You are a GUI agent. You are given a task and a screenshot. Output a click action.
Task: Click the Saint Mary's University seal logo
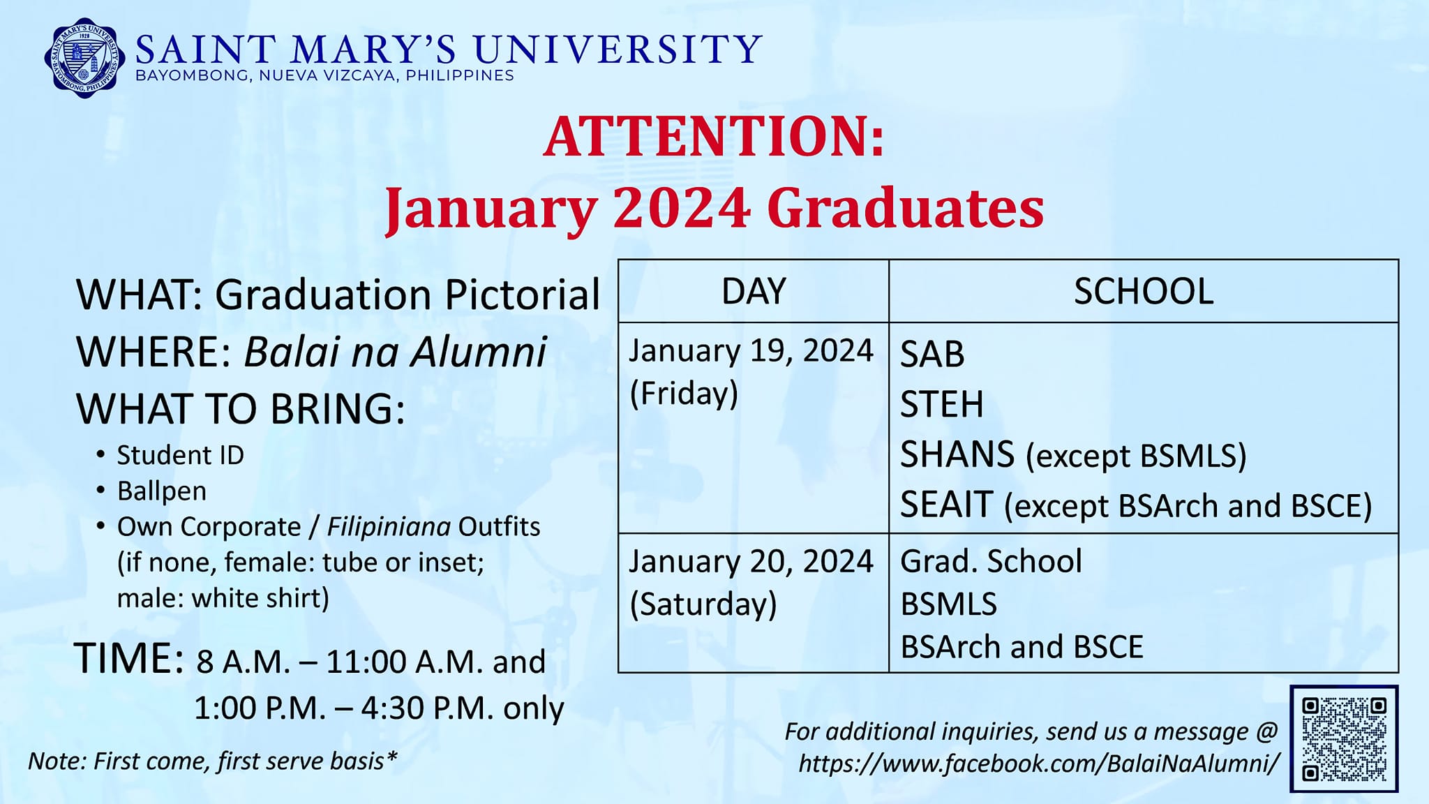pyautogui.click(x=84, y=57)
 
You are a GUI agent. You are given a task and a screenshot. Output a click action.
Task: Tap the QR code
pyautogui.click(x=1344, y=738)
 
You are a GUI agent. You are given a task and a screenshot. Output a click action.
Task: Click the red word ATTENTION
pyautogui.click(x=714, y=136)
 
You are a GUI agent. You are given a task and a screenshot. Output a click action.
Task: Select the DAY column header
pyautogui.click(x=754, y=291)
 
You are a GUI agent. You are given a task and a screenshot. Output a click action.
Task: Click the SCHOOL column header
pyautogui.click(x=1144, y=291)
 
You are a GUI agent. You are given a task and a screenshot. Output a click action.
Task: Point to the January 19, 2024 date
pyautogui.click(x=751, y=350)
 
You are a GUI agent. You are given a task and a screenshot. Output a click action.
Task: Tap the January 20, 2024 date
pyautogui.click(x=751, y=561)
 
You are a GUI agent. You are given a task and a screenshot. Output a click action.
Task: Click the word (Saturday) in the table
pyautogui.click(x=703, y=604)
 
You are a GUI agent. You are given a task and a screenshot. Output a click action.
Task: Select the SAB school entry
pyautogui.click(x=932, y=354)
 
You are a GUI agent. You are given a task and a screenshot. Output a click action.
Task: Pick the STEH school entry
pyautogui.click(x=942, y=404)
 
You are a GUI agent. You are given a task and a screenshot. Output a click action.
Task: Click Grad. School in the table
pyautogui.click(x=991, y=561)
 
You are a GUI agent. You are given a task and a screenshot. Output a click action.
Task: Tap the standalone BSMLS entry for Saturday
pyautogui.click(x=949, y=604)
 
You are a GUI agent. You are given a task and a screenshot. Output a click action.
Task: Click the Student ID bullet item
pyautogui.click(x=180, y=455)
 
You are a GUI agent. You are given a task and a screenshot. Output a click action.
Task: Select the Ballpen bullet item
pyautogui.click(x=162, y=491)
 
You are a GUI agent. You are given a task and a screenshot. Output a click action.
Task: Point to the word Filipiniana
pyautogui.click(x=389, y=526)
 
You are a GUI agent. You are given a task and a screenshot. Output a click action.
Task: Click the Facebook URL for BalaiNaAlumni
pyautogui.click(x=1040, y=763)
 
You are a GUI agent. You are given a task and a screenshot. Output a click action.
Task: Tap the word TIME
pyautogui.click(x=129, y=658)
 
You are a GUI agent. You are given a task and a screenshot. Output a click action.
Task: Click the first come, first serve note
pyautogui.click(x=213, y=761)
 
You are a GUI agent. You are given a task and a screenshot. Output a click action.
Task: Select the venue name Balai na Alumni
pyautogui.click(x=395, y=351)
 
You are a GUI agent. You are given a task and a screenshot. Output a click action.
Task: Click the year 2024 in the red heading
pyautogui.click(x=682, y=208)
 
